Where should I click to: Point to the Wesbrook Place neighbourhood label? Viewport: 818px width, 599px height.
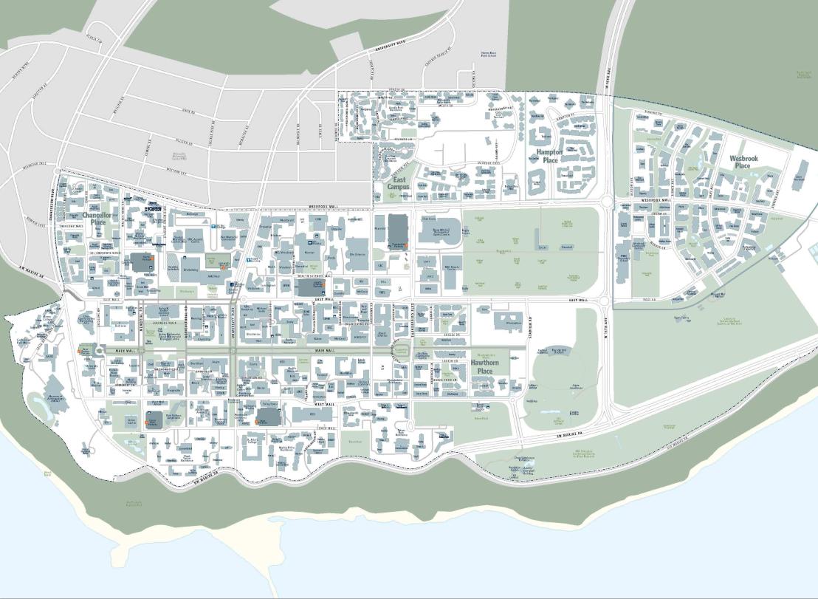pos(743,162)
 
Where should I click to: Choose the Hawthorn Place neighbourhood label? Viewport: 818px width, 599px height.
pos(485,366)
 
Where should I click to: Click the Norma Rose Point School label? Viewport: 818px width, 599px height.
pos(491,54)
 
